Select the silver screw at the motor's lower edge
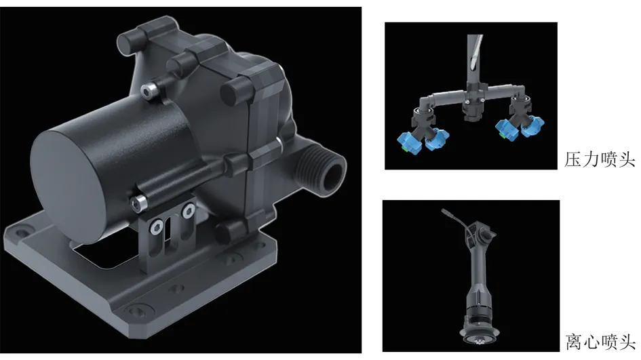click(138, 203)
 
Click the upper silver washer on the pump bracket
click(189, 211)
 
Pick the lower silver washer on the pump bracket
click(156, 227)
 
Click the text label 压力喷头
click(600, 159)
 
